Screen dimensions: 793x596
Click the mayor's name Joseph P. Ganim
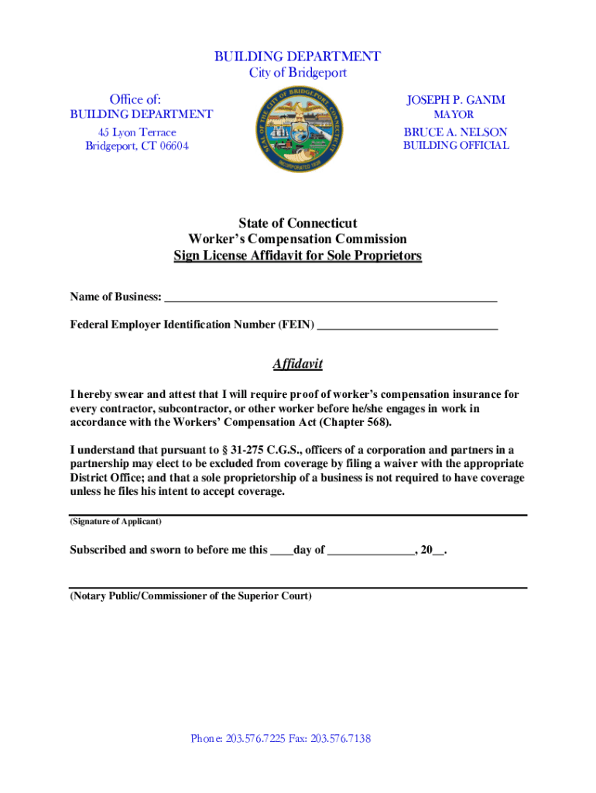pos(456,100)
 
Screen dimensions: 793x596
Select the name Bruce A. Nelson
pos(456,132)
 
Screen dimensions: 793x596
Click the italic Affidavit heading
pos(297,364)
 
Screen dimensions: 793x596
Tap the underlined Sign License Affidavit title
pos(297,256)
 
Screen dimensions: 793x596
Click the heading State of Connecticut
pos(297,224)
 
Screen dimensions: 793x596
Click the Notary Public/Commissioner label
pos(191,596)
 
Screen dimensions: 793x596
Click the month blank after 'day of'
pos(371,551)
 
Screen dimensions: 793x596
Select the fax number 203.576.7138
pos(341,739)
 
